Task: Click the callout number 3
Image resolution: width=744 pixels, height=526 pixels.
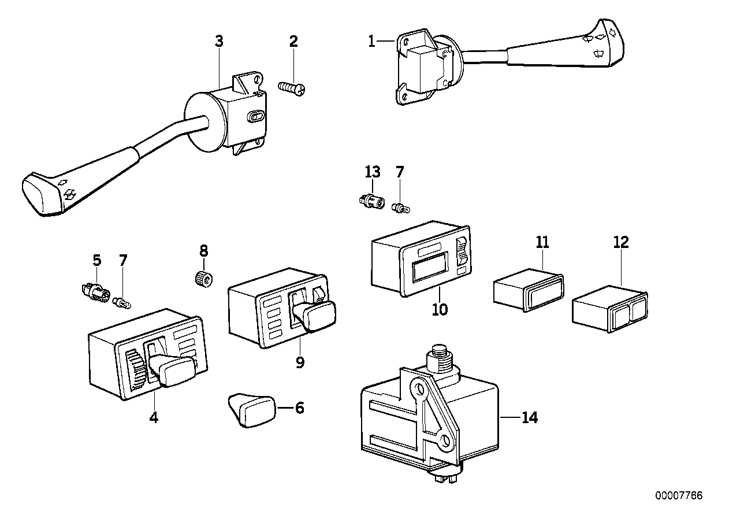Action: (x=219, y=41)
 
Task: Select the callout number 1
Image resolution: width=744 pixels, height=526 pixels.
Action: (x=372, y=41)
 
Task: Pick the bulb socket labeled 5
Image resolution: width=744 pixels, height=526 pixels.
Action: (x=94, y=290)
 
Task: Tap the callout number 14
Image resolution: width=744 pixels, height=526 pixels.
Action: (x=529, y=417)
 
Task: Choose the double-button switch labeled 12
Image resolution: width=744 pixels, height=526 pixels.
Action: (x=609, y=310)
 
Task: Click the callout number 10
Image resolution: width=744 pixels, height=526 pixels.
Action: (x=440, y=309)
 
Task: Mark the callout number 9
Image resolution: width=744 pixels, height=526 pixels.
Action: (x=299, y=362)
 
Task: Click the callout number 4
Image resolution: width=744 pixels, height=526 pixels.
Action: (x=154, y=417)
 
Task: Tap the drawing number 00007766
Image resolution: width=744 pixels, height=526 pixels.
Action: (x=679, y=495)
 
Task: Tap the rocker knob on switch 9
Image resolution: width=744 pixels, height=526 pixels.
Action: (x=312, y=316)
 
